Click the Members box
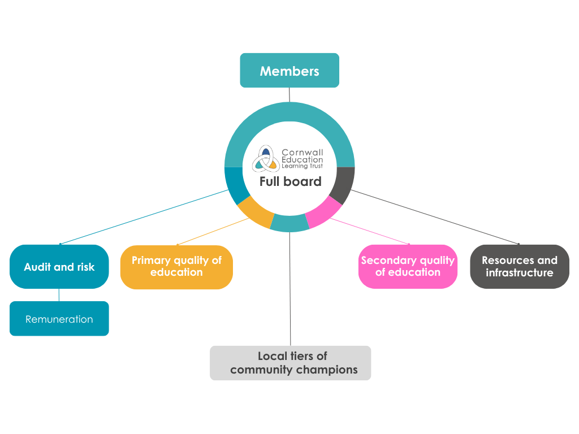(x=289, y=71)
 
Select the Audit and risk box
(x=59, y=267)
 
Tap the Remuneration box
(x=59, y=319)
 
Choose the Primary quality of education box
(x=176, y=267)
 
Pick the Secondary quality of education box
(x=408, y=267)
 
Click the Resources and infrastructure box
(x=520, y=267)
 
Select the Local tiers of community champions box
(x=291, y=363)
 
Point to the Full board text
(x=291, y=181)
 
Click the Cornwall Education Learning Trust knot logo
(x=266, y=158)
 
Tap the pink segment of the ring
(x=323, y=212)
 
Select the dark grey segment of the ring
(x=342, y=185)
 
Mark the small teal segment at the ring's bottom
(x=289, y=224)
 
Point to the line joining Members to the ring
(x=289, y=94)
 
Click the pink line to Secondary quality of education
(x=370, y=232)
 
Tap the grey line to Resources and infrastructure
(x=435, y=217)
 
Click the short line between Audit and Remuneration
(x=59, y=294)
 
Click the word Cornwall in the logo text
(x=303, y=153)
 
